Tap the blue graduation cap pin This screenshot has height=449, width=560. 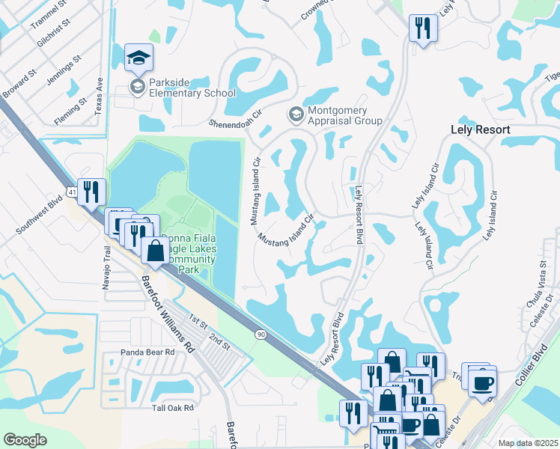coord(138,58)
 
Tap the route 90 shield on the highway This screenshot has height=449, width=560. coord(260,333)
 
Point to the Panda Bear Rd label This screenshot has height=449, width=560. coord(147,352)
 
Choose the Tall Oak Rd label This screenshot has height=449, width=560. coord(172,408)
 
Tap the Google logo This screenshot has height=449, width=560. coord(25,440)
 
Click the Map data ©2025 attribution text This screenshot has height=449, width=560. coord(529,443)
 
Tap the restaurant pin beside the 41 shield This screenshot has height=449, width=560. coord(91,192)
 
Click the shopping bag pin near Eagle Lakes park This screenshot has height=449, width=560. coord(155,251)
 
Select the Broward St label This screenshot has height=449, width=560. coord(21,82)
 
